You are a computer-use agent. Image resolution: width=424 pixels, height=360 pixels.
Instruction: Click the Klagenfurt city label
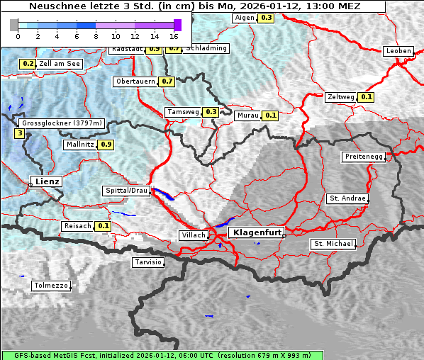coord(257,232)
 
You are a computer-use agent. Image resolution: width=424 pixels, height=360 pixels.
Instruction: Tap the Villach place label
coord(194,235)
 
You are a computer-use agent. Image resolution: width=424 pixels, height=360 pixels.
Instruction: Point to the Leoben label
coord(398,51)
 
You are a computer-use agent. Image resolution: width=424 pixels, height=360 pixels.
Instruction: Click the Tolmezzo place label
coord(51,286)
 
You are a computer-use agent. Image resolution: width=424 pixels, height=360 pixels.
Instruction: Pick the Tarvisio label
coord(148,262)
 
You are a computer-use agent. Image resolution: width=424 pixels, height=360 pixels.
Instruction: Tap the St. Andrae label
coord(347,198)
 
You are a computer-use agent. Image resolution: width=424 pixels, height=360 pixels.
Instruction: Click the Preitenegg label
coord(364,156)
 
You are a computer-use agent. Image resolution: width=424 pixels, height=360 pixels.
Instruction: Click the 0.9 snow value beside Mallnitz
coord(106,145)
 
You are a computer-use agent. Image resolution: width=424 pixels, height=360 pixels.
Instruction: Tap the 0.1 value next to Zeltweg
coord(367,96)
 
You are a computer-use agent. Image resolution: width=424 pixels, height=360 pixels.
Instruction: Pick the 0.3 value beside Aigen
coord(266,17)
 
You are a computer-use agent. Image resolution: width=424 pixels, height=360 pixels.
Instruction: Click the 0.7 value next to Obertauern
coord(167,81)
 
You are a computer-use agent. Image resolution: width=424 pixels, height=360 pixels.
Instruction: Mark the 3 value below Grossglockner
coord(19,133)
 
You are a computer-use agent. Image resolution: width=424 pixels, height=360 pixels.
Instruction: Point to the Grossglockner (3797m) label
coord(62,123)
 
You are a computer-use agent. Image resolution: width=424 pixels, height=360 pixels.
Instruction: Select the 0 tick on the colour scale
coord(18,35)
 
